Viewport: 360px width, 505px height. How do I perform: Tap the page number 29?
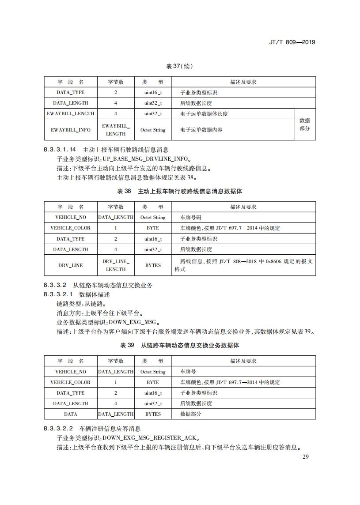305,456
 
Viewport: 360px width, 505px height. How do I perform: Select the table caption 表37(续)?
179,66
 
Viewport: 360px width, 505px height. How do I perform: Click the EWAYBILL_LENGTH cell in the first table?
71,114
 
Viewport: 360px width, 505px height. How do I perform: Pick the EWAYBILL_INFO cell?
71,130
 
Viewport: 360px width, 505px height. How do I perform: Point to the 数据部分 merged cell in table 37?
305,124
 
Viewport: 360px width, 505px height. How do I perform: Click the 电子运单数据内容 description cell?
201,130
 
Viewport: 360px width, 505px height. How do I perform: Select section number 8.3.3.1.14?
60,150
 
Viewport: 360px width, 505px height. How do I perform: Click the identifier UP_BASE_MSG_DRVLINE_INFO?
146,158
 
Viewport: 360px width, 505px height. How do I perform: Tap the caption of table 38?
179,191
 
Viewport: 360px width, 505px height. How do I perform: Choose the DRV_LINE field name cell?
71,265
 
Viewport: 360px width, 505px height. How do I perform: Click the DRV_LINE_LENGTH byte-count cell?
116,265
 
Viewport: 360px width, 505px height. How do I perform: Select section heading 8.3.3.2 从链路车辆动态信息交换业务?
98,285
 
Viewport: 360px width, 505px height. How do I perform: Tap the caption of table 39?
179,345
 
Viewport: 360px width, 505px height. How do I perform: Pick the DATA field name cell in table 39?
71,414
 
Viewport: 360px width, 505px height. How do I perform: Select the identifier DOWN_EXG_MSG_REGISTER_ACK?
149,438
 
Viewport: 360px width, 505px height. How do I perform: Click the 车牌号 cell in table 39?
188,372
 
